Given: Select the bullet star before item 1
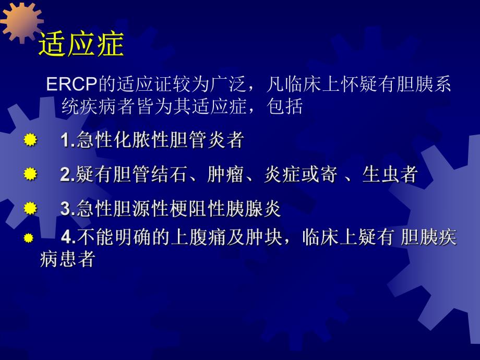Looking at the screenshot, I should click(x=31, y=140).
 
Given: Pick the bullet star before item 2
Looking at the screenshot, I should click(x=31, y=174).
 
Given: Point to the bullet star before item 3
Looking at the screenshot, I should click(x=31, y=209).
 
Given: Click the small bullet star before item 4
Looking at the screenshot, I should click(x=29, y=238).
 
